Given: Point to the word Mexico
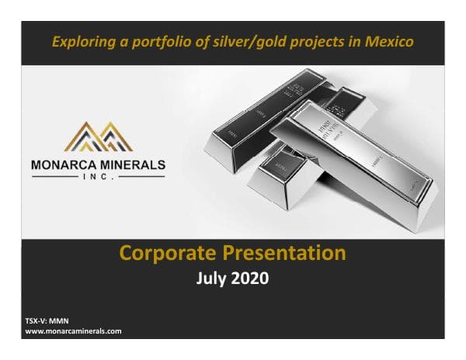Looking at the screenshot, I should tap(389, 40).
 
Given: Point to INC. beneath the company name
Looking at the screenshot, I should tap(98, 177).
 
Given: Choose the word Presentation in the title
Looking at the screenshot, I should tap(285, 253).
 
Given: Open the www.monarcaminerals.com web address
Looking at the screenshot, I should tap(74, 331).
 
